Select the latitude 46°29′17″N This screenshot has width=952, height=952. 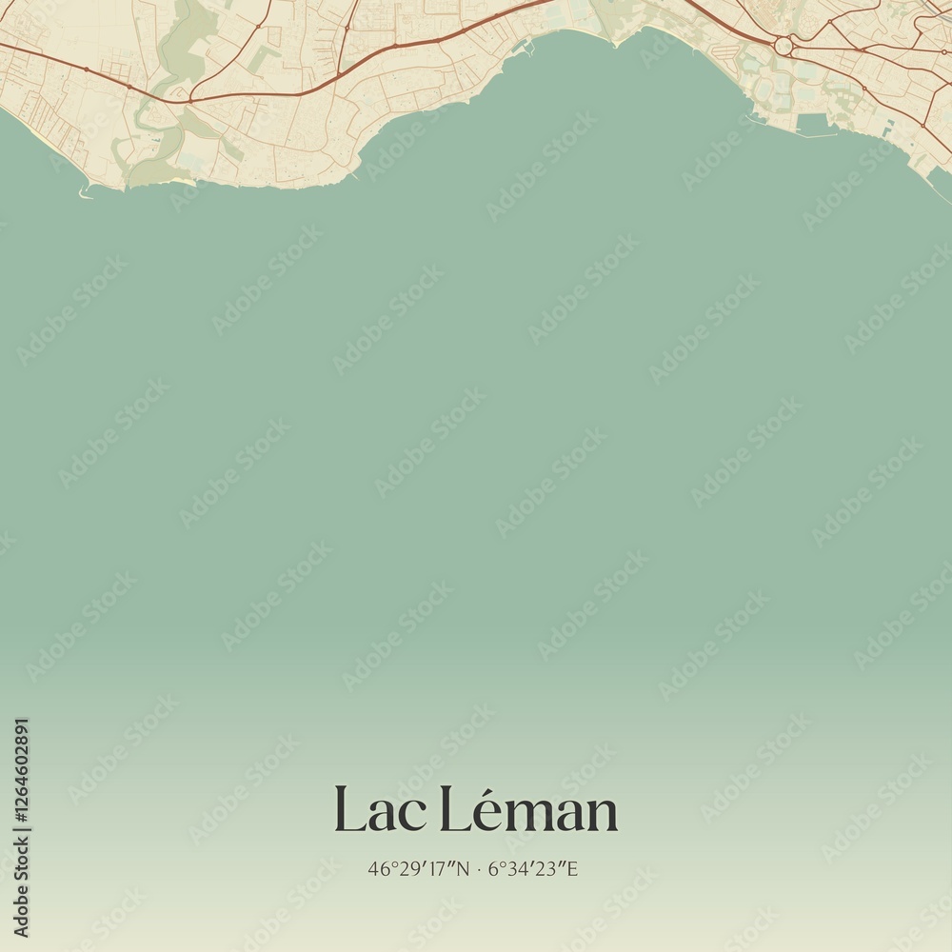pyautogui.click(x=419, y=868)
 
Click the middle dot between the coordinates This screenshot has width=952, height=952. pyautogui.click(x=479, y=868)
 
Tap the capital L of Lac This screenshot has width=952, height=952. pyautogui.click(x=347, y=811)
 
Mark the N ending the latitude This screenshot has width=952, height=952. pyautogui.click(x=464, y=868)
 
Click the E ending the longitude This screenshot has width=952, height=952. pyautogui.click(x=572, y=868)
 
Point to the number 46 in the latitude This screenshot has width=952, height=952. pyautogui.click(x=376, y=868)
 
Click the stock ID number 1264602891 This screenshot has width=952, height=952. pyautogui.click(x=21, y=827)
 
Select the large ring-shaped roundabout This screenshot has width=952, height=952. pyautogui.click(x=783, y=45)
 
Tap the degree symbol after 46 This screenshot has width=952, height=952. pyautogui.click(x=387, y=863)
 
